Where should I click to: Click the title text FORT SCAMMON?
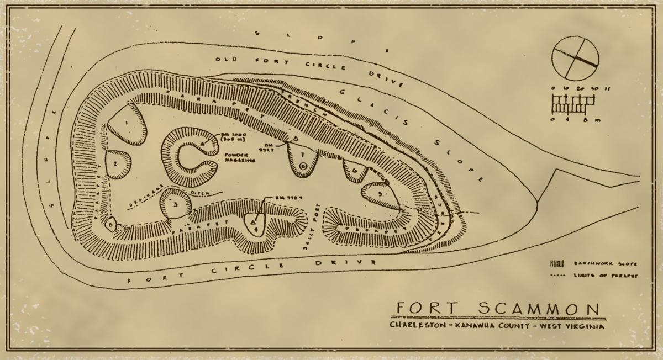494,309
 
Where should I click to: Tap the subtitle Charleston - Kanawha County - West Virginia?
496,326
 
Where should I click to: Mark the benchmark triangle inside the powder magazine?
203,145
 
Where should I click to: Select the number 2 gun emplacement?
116,164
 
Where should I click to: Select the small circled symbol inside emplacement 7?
302,165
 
